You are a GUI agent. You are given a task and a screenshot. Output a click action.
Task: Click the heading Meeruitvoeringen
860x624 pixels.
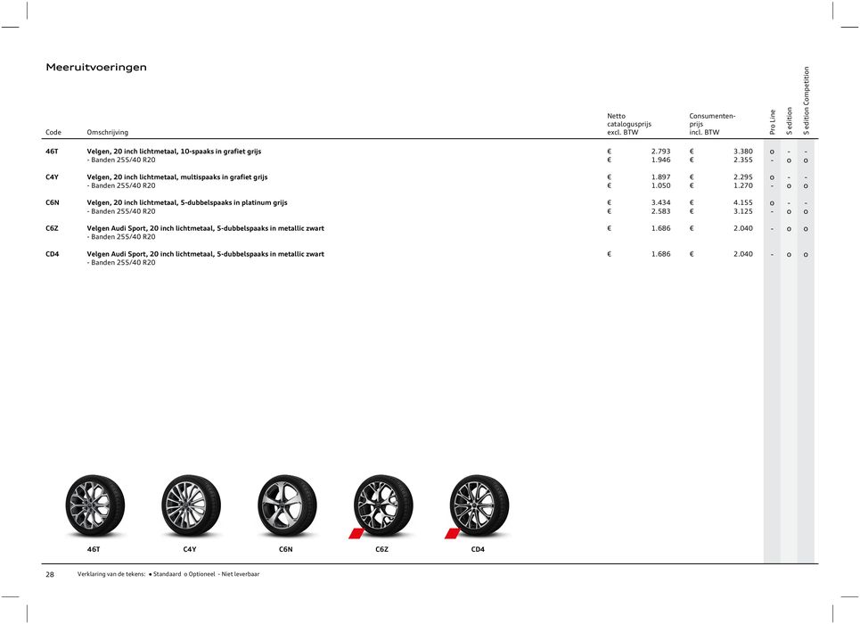[x=96, y=68]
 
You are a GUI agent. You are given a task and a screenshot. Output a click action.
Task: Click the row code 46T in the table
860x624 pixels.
[x=53, y=152]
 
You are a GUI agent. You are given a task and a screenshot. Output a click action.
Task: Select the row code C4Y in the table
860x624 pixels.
[x=53, y=177]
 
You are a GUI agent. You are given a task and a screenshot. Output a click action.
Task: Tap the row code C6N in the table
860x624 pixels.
[x=53, y=203]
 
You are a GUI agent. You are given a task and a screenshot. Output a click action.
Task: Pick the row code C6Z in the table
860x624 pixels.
[x=53, y=228]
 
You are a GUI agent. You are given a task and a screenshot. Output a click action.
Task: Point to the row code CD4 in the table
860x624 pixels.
[x=53, y=254]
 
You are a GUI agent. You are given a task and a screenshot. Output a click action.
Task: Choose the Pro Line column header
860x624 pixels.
[x=772, y=122]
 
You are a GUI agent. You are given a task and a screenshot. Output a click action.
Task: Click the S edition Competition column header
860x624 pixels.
[x=806, y=101]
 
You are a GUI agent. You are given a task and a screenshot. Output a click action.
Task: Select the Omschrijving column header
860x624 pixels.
[x=107, y=133]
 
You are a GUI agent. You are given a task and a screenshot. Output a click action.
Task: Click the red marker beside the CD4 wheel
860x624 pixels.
[x=452, y=533]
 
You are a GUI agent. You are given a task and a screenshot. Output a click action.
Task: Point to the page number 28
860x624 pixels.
[x=50, y=574]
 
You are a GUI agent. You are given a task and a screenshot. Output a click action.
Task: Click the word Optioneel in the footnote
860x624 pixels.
[x=200, y=574]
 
